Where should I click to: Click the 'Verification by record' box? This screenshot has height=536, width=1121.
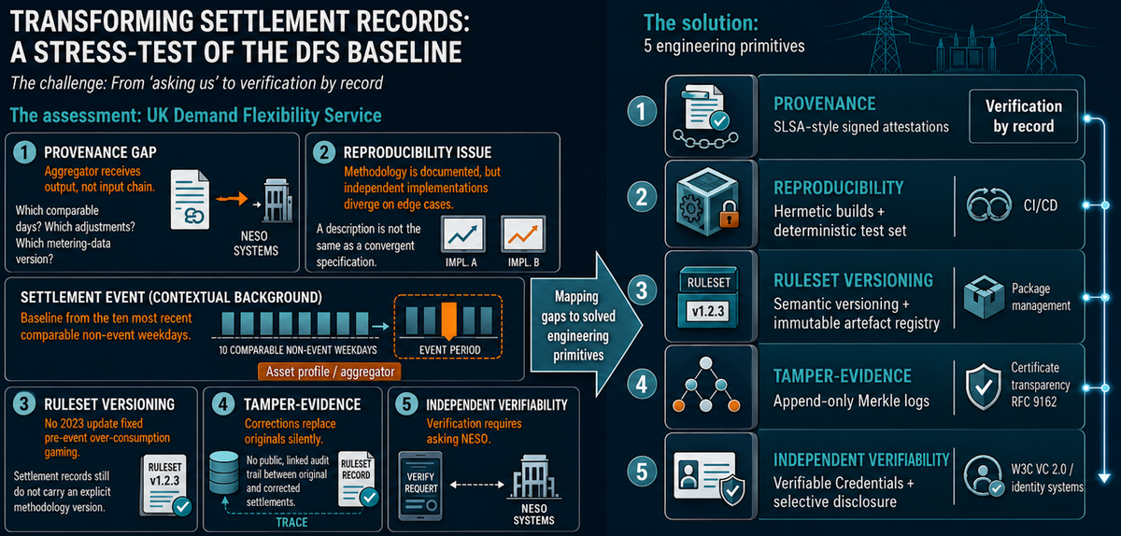(x=1023, y=116)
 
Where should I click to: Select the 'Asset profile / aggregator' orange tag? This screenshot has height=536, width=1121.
(x=329, y=372)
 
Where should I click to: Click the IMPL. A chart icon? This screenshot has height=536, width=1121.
(x=463, y=233)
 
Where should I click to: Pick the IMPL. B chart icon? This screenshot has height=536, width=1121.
(x=523, y=233)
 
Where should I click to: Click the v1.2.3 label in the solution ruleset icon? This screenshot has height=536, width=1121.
(x=708, y=311)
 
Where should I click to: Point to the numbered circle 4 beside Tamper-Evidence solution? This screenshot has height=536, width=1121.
(x=642, y=385)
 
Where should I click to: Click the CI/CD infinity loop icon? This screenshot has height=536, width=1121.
(x=988, y=205)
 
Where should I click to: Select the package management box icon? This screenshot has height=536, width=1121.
(x=984, y=297)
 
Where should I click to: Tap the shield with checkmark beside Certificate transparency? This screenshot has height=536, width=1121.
(x=983, y=387)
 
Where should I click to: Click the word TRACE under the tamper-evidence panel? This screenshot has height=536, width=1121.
(x=291, y=523)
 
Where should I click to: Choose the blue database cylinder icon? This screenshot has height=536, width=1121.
(x=223, y=473)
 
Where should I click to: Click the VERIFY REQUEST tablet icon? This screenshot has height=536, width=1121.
(x=420, y=486)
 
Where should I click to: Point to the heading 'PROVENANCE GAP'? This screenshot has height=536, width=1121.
(x=100, y=152)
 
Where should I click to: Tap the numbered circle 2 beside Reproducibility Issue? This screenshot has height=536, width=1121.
(x=324, y=152)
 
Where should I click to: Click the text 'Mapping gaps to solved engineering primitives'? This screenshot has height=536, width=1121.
(x=577, y=326)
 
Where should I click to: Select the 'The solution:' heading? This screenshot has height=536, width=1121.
(x=701, y=23)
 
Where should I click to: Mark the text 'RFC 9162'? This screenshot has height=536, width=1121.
(x=1034, y=402)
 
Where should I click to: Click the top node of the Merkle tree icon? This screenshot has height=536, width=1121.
(x=705, y=363)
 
